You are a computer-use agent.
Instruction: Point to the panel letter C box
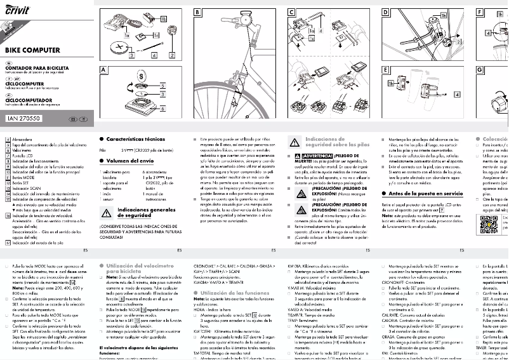point(291,13)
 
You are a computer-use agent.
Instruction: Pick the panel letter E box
point(385,69)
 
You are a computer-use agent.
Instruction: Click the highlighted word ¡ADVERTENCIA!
point(315,155)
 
